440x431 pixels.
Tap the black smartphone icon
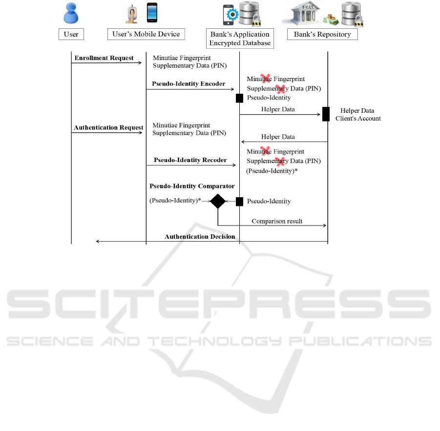152,13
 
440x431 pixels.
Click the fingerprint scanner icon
132,14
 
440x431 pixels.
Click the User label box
71,34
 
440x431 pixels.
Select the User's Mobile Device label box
146,34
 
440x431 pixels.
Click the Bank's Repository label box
322,34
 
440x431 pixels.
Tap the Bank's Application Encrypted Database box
240,39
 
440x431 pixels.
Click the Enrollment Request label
104,58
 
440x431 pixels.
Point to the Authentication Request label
108,127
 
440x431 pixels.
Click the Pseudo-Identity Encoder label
189,83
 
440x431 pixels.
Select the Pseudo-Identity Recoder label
190,160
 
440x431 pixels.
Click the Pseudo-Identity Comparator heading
192,186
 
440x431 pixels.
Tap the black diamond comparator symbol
218,201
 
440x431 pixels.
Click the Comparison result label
277,221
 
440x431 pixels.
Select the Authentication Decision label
200,236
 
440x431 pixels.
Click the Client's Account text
358,118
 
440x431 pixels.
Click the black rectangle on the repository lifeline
326,114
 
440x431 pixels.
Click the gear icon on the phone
232,15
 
